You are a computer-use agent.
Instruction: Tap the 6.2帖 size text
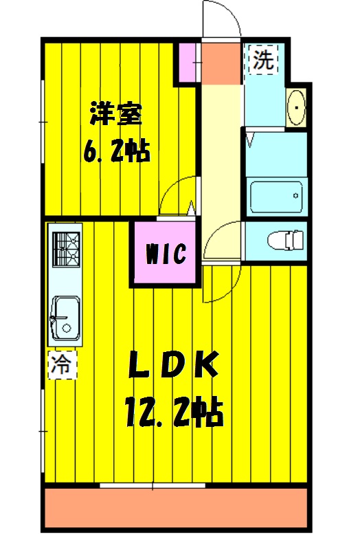tap(116, 152)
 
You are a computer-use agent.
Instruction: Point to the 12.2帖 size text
tap(175, 411)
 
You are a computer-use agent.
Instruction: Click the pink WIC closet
tap(166, 254)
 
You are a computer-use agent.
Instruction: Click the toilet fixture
tap(284, 241)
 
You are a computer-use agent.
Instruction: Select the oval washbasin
tap(296, 108)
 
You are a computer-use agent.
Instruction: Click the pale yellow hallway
tap(221, 151)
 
